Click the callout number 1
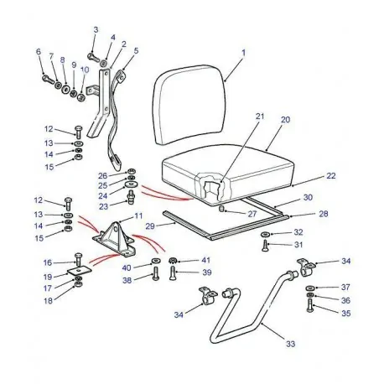click(x=245, y=53)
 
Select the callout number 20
click(x=285, y=120)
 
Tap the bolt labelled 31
click(x=267, y=246)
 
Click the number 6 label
click(x=39, y=51)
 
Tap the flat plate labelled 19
click(x=78, y=274)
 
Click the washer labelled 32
click(x=266, y=233)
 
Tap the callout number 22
click(x=308, y=176)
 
